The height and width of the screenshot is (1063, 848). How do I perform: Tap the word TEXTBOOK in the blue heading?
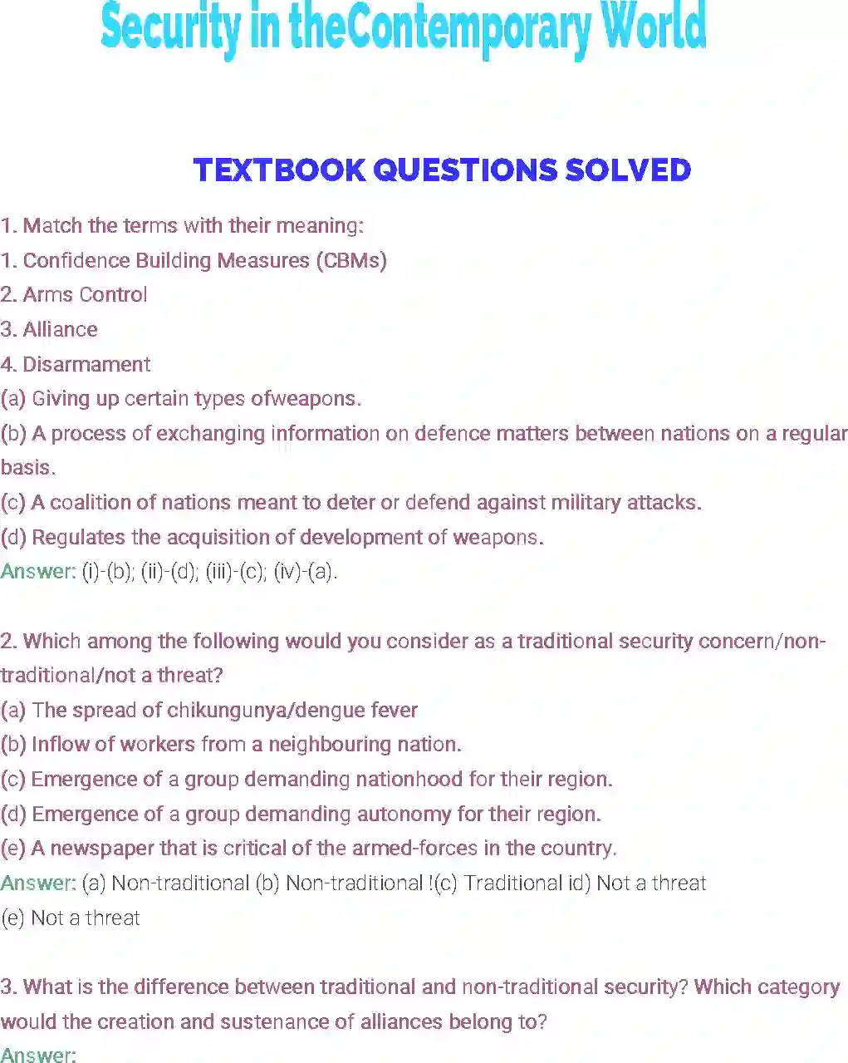(279, 170)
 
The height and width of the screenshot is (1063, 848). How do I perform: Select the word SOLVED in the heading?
(628, 170)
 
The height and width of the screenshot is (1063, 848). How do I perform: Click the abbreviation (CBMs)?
(351, 261)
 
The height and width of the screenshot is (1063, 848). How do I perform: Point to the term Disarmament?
(86, 365)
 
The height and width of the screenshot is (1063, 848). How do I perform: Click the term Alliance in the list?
(61, 329)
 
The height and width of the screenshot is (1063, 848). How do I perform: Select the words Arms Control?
(85, 295)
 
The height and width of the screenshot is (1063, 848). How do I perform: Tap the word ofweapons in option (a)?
(306, 399)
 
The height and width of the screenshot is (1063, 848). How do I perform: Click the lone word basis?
(28, 467)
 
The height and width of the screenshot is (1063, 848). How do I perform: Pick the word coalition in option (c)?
(91, 502)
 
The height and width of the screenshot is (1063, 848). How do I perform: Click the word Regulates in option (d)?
(78, 537)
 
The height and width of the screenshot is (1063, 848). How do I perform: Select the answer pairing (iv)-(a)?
(306, 572)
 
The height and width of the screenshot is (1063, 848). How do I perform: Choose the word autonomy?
(404, 814)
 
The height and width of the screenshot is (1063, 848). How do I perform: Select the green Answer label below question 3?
(38, 1055)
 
